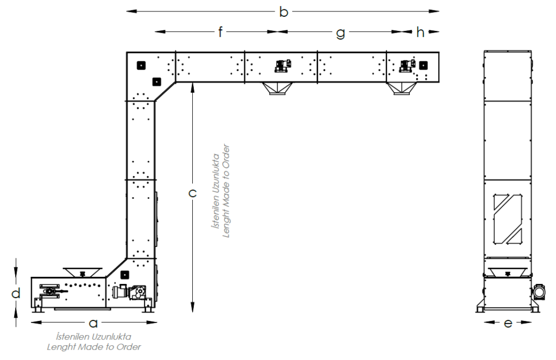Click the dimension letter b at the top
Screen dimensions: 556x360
click(x=283, y=12)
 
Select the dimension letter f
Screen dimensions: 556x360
click(x=220, y=32)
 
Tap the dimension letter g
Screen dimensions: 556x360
click(x=340, y=33)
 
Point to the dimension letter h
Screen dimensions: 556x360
click(x=420, y=32)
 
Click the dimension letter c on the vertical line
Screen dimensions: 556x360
click(x=192, y=193)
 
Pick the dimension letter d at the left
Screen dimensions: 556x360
click(x=16, y=293)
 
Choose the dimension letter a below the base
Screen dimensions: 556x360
click(x=93, y=323)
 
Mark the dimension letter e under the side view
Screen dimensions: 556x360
click(x=508, y=323)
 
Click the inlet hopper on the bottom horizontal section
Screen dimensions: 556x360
click(x=83, y=273)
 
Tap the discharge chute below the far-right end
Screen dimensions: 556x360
click(x=401, y=89)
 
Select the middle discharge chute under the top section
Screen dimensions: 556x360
click(x=277, y=89)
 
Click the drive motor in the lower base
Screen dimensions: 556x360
click(x=128, y=292)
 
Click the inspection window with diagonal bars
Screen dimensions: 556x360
click(x=508, y=219)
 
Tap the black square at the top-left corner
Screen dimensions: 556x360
click(x=141, y=65)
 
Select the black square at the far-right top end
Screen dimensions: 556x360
click(x=424, y=65)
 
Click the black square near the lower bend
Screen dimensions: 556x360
click(x=124, y=275)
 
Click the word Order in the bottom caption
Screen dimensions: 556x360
click(x=129, y=347)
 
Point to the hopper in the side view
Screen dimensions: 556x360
click(x=508, y=272)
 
